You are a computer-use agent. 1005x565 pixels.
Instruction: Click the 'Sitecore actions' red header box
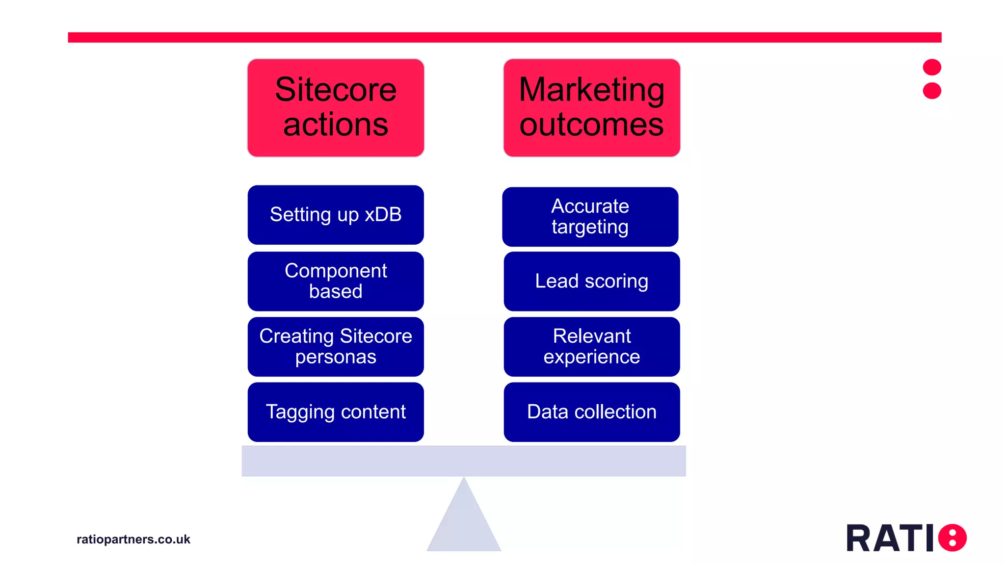pyautogui.click(x=336, y=108)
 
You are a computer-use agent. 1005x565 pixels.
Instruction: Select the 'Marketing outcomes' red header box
pyautogui.click(x=591, y=108)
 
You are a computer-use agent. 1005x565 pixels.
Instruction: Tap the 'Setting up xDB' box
pyautogui.click(x=336, y=215)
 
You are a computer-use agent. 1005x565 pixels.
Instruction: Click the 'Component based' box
pyautogui.click(x=336, y=281)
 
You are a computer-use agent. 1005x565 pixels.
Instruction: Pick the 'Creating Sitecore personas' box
pyautogui.click(x=336, y=346)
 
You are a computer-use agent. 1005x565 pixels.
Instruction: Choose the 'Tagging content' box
pyautogui.click(x=336, y=412)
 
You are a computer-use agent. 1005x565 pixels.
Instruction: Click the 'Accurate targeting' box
pyautogui.click(x=590, y=216)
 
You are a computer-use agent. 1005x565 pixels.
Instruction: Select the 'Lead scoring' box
pyautogui.click(x=591, y=281)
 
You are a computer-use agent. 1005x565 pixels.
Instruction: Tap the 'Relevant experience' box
pyautogui.click(x=591, y=346)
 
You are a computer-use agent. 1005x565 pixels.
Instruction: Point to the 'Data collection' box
pyautogui.click(x=591, y=412)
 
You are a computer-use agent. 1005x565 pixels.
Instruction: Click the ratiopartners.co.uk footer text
pyautogui.click(x=133, y=539)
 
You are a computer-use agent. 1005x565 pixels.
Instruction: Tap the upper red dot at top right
pyautogui.click(x=931, y=67)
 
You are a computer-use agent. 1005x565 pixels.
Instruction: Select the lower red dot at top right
pyautogui.click(x=931, y=91)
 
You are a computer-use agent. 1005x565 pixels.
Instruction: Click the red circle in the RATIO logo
pyautogui.click(x=952, y=538)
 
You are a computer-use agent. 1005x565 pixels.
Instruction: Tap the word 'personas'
pyautogui.click(x=336, y=357)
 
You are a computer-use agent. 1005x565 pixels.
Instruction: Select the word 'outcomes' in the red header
pyautogui.click(x=591, y=125)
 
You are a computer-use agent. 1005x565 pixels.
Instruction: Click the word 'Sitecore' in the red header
pyautogui.click(x=336, y=90)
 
